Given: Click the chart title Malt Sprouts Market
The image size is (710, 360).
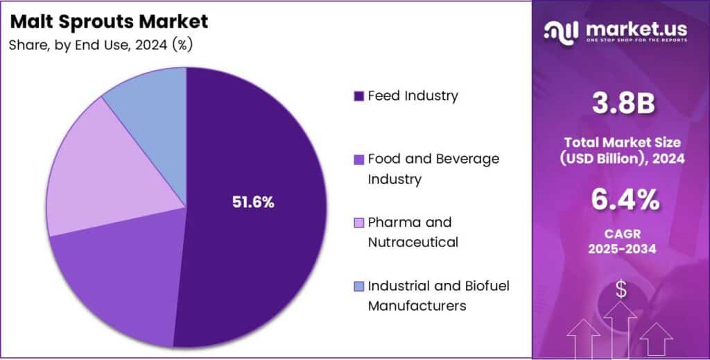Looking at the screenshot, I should [x=109, y=22].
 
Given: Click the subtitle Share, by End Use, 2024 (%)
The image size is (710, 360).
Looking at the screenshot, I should [x=101, y=45].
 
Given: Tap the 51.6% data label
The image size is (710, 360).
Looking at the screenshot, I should [x=252, y=203].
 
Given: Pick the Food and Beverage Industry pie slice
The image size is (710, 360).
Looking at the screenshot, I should [x=111, y=284].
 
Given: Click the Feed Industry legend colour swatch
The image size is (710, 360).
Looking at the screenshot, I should [x=358, y=96].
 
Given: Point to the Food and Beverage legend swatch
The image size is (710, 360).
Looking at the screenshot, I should [x=358, y=160].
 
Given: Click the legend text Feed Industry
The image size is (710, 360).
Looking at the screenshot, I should [x=413, y=96].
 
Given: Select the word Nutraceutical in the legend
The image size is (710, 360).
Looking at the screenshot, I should [x=413, y=242].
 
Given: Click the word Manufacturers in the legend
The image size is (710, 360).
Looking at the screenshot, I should [x=417, y=305].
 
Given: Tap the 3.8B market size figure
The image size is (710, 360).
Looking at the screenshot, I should [x=621, y=103].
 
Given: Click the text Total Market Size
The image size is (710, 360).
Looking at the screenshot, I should [x=621, y=142].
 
